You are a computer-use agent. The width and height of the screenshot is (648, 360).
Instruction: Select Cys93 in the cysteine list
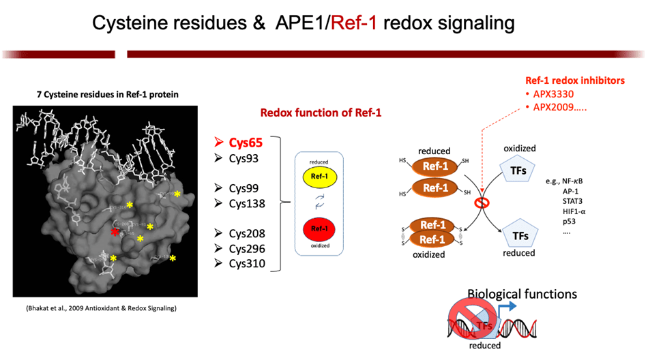coord(244,159)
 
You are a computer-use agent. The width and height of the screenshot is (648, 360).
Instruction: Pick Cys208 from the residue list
coord(246,233)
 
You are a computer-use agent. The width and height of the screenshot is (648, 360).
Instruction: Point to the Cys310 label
coord(246,263)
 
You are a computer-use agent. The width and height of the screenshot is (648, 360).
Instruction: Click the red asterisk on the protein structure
coord(115,232)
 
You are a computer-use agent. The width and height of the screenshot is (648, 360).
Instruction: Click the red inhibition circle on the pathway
coord(482,203)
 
